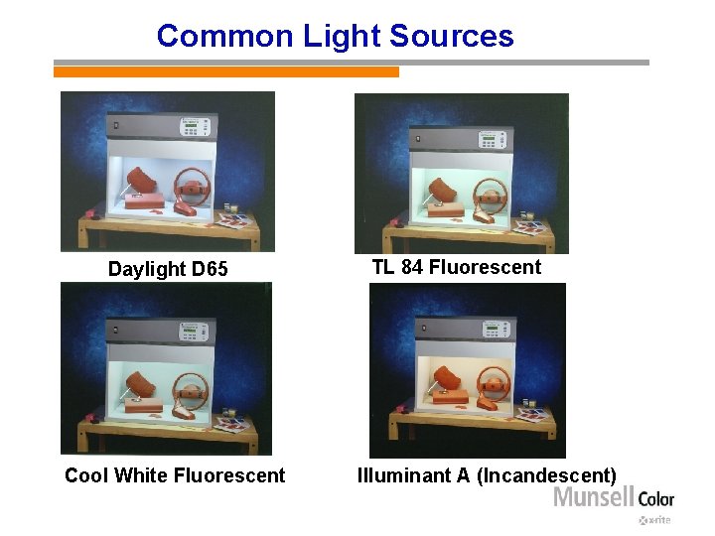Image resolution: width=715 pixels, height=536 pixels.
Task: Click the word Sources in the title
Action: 452,37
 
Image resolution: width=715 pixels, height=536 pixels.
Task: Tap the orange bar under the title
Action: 226,71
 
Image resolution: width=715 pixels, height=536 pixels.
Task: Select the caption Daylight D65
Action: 168,269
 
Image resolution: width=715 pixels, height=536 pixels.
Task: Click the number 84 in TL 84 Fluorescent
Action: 412,267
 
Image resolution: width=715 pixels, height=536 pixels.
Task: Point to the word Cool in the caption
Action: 86,475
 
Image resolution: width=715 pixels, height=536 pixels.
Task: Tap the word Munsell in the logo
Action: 594,496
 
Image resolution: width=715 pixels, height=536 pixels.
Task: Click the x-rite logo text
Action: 655,519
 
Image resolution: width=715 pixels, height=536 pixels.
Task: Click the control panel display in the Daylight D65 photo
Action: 195,127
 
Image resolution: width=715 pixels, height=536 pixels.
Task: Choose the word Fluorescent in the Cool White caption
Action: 229,475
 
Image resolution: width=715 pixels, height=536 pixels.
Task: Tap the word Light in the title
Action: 343,37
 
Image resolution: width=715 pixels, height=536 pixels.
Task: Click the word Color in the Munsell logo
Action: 656,498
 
